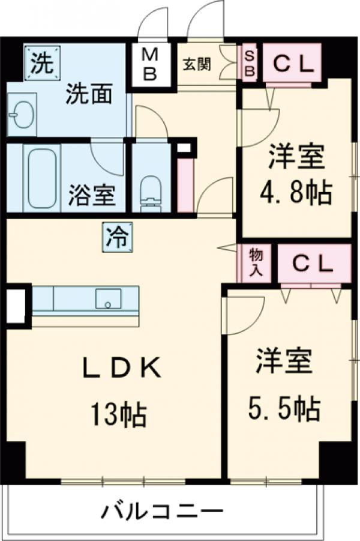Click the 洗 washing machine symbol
coord(42,63)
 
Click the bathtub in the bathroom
coord(41,177)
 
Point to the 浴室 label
coord(92,196)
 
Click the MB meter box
coord(150,65)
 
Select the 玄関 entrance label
coord(197,64)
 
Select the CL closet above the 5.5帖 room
coord(314,262)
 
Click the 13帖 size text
coord(118,414)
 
